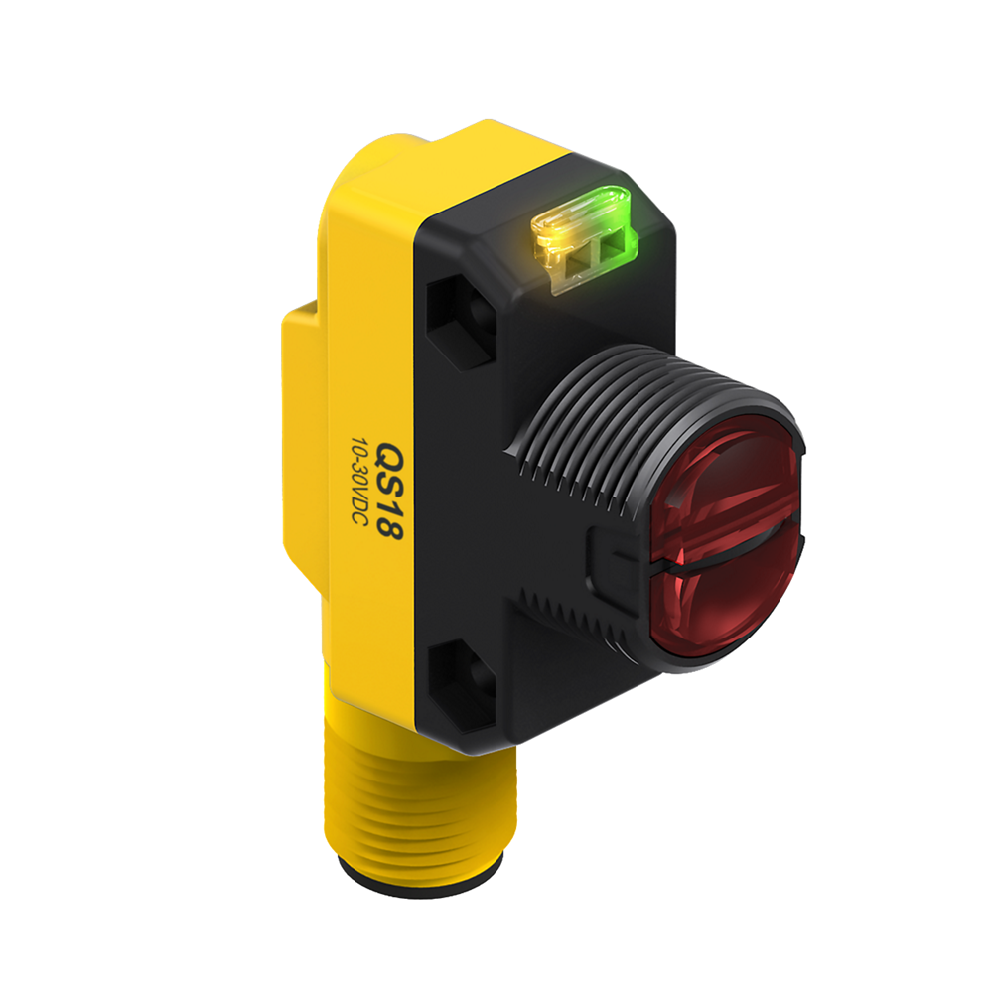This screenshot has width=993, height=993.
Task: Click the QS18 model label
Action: tap(387, 491)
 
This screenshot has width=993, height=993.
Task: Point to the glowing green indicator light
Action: tap(611, 221)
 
